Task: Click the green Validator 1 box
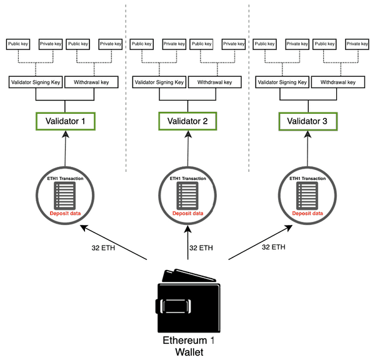[66, 121]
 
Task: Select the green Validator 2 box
[188, 121]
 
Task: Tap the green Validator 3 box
[311, 121]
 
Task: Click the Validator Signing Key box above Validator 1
[35, 82]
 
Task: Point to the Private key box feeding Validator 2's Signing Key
[174, 44]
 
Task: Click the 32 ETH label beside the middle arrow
[200, 248]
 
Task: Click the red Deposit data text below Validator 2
[188, 213]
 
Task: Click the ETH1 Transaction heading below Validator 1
[66, 179]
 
